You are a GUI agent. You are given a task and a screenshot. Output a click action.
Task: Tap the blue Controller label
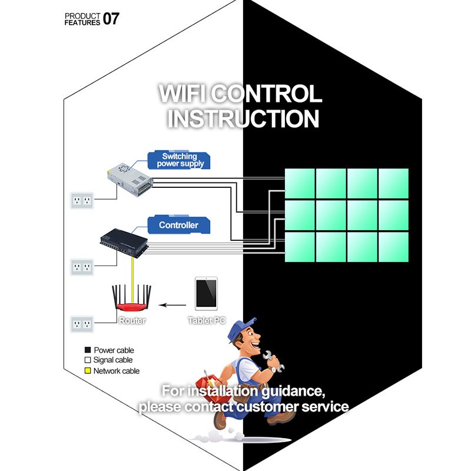click(x=178, y=225)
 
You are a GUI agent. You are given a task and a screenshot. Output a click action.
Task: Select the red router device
click(x=131, y=306)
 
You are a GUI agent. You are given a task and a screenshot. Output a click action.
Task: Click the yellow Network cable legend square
click(x=87, y=371)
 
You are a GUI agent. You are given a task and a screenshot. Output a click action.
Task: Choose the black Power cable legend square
click(x=87, y=350)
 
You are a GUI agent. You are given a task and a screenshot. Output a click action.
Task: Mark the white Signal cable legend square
click(x=87, y=360)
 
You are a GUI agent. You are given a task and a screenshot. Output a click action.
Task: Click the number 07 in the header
click(x=111, y=19)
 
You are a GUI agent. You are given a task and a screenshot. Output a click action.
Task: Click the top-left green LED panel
click(x=300, y=184)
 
